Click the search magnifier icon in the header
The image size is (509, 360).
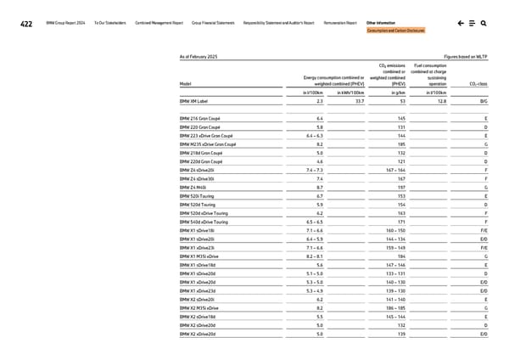(x=483, y=23)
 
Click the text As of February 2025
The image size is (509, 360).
(x=199, y=56)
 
